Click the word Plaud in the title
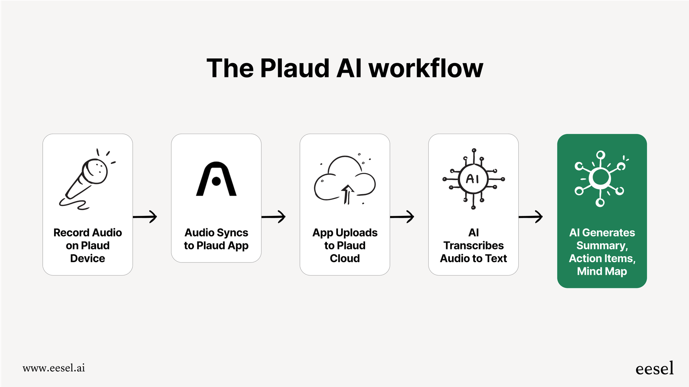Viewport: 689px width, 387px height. click(294, 68)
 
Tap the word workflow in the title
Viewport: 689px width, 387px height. click(426, 68)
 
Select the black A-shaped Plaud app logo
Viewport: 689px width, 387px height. click(216, 179)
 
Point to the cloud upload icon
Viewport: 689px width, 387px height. click(344, 179)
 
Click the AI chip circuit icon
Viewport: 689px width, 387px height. click(473, 179)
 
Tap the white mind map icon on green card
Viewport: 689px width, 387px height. click(601, 179)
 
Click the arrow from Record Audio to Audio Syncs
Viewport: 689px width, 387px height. click(145, 217)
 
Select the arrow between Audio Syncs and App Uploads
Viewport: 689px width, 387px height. click(274, 217)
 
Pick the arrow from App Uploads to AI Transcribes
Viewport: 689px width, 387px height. click(402, 217)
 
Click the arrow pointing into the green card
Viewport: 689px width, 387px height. click(531, 217)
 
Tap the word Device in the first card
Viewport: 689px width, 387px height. click(87, 258)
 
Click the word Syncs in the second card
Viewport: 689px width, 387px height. click(233, 233)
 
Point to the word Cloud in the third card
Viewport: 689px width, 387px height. click(344, 258)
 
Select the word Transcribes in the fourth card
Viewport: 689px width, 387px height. click(473, 245)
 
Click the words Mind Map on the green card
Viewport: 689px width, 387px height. click(602, 271)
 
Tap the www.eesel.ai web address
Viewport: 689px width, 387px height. click(54, 368)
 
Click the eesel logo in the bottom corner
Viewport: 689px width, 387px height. click(654, 368)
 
